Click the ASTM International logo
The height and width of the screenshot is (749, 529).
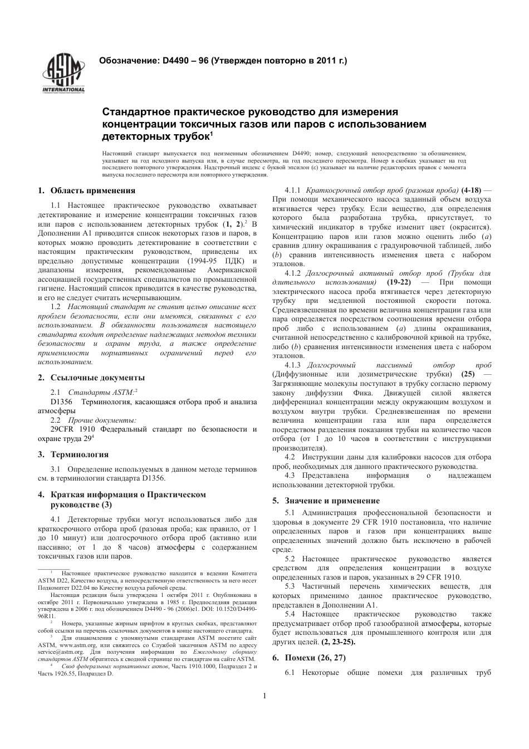[x=63, y=74]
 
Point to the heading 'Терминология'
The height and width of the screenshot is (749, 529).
[x=80, y=454]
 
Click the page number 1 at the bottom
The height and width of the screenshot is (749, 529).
[x=264, y=696]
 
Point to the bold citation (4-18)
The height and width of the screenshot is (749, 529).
[x=471, y=190]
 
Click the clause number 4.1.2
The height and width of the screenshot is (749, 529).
[x=293, y=273]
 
